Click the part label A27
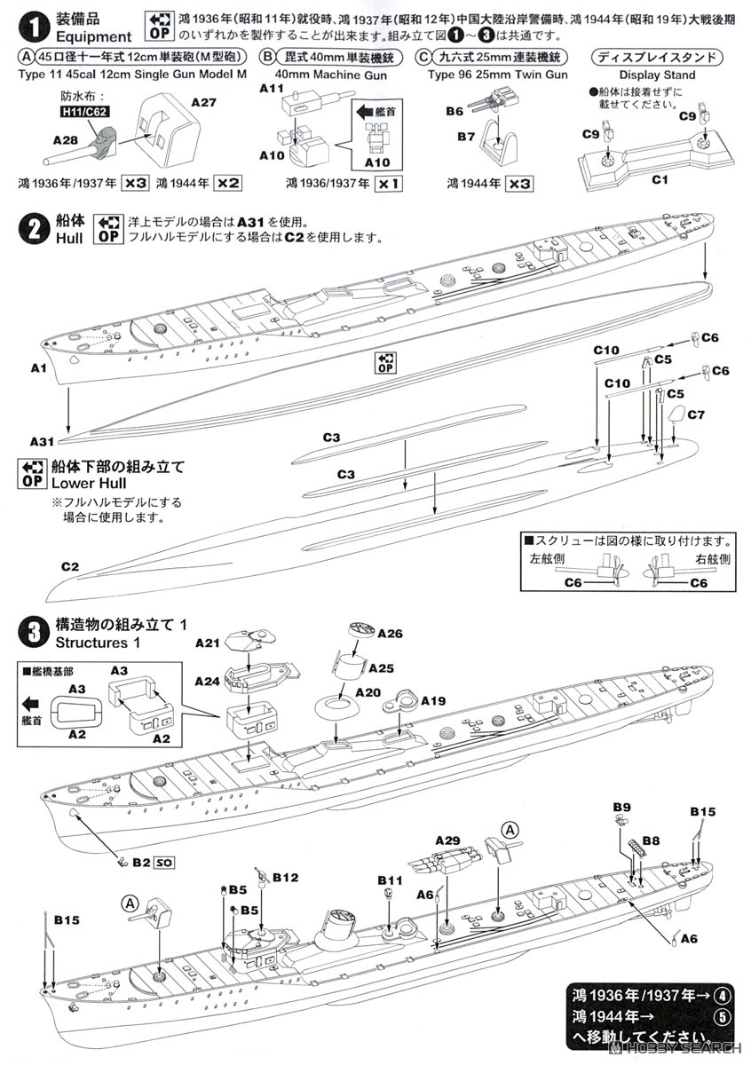[x=204, y=103]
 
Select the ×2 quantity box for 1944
[x=228, y=183]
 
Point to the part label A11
[x=272, y=90]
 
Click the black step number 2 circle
[x=32, y=229]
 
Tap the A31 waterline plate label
[x=42, y=441]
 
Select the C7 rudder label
[x=696, y=414]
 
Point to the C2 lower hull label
[x=70, y=565]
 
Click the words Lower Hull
[x=89, y=483]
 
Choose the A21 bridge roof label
[x=207, y=643]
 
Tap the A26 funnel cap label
[x=390, y=634]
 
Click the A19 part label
[x=433, y=701]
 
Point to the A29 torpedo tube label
[x=447, y=840]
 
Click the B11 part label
[x=388, y=880]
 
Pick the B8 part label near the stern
[x=651, y=839]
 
